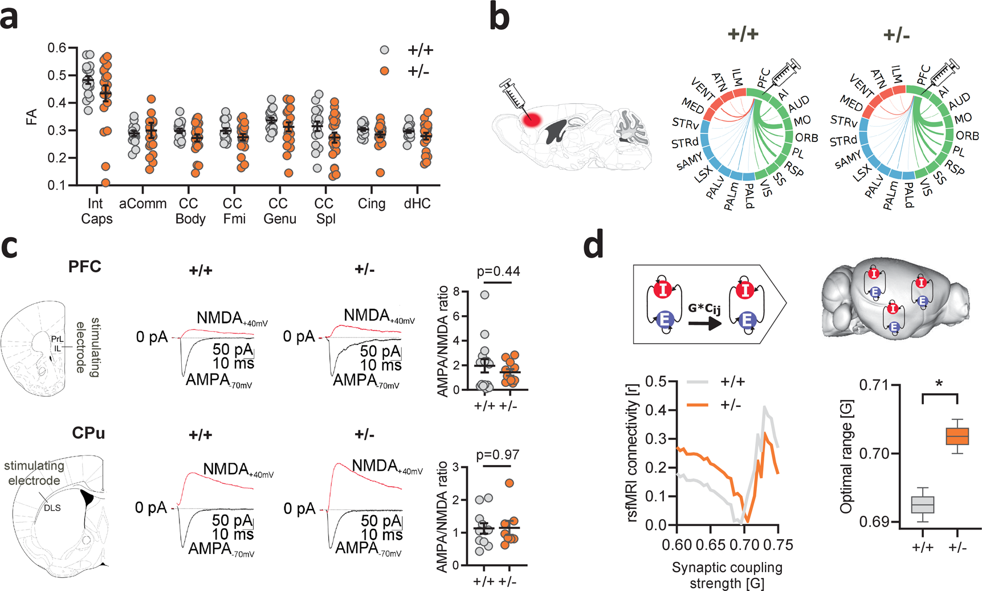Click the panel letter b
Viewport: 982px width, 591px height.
click(x=500, y=18)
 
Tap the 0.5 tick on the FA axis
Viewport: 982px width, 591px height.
click(x=59, y=75)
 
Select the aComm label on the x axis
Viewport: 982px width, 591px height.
click(x=142, y=204)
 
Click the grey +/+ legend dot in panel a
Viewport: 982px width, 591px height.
click(x=385, y=50)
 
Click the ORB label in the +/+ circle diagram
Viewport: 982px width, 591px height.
click(x=806, y=138)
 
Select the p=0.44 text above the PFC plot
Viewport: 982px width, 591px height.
click(x=498, y=272)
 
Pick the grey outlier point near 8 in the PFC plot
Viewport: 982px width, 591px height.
click(x=484, y=295)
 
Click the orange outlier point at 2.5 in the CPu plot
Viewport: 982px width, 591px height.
click(x=510, y=483)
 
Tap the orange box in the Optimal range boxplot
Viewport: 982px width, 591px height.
click(x=957, y=437)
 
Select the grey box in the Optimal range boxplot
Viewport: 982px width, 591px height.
click(x=922, y=505)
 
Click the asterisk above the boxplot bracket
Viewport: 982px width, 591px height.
click(x=939, y=384)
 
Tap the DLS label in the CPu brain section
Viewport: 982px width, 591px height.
click(x=52, y=508)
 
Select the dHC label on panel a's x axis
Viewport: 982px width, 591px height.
click(x=417, y=204)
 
